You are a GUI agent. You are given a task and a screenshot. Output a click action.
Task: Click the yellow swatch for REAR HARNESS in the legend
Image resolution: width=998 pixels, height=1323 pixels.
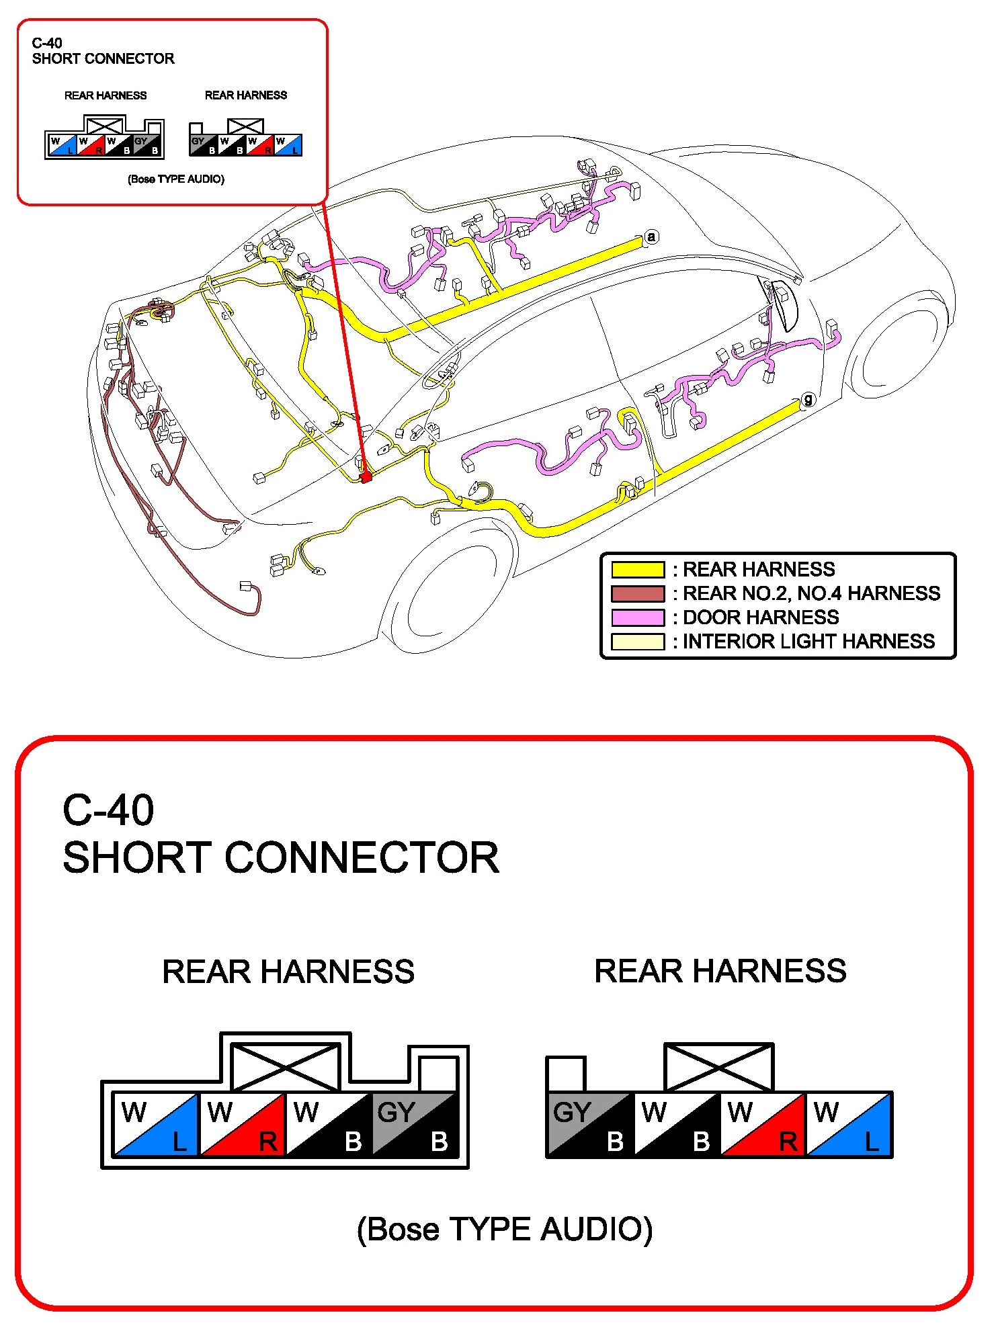(x=637, y=570)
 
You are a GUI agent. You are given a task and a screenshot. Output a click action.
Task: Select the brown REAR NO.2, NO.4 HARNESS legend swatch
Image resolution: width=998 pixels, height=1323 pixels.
(x=637, y=594)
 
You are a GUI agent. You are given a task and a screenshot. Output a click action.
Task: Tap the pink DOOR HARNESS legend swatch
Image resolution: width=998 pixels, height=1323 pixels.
(x=637, y=617)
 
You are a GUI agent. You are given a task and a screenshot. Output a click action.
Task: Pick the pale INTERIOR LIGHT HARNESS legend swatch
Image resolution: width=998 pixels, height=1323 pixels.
(x=637, y=642)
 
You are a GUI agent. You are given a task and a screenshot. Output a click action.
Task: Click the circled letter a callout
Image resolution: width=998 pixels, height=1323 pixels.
(x=651, y=237)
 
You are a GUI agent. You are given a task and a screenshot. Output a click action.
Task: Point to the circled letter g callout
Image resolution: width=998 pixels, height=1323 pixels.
(x=808, y=400)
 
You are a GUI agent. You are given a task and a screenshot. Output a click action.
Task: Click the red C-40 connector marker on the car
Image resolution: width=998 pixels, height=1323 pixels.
(x=366, y=477)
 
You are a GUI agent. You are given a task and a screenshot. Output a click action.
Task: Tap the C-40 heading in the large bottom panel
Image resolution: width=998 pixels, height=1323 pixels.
(x=108, y=810)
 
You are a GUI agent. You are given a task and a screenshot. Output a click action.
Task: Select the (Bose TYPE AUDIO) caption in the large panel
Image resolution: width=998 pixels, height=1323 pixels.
(x=504, y=1229)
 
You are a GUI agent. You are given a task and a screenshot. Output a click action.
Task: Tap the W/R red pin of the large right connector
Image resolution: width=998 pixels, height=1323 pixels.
(x=763, y=1125)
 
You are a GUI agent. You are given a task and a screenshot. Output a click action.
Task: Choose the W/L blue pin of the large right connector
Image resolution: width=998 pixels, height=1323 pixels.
(x=849, y=1125)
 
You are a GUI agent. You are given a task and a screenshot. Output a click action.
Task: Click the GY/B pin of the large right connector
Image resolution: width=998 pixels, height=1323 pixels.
(x=591, y=1125)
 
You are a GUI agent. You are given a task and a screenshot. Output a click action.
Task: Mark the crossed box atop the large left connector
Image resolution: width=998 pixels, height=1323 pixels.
(x=286, y=1067)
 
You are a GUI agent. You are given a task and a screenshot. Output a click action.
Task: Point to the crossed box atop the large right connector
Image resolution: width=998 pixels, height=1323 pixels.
(x=718, y=1067)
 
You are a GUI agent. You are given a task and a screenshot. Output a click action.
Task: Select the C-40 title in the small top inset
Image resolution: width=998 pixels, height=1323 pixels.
(x=47, y=43)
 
